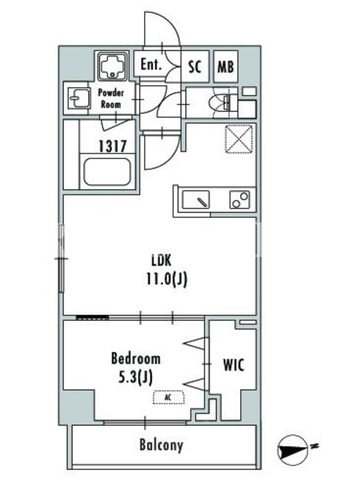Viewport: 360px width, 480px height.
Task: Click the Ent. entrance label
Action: (x=151, y=64)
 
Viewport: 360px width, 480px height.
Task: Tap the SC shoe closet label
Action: (x=194, y=66)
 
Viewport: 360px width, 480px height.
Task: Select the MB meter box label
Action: (x=226, y=67)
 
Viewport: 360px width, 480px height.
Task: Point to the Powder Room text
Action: (x=111, y=98)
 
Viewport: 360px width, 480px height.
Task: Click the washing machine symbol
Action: (x=112, y=67)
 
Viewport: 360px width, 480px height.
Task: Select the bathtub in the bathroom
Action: (x=107, y=172)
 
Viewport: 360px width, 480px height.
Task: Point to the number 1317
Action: (x=112, y=146)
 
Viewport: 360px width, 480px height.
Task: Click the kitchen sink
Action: (x=196, y=200)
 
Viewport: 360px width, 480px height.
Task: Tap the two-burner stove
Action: (x=240, y=200)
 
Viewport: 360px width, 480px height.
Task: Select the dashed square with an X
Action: (x=239, y=139)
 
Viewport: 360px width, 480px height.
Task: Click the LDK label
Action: (x=161, y=260)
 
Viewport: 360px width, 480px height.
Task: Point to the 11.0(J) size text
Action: (x=167, y=278)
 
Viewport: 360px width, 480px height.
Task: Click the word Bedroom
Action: (x=136, y=358)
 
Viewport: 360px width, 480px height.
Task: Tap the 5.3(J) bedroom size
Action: (x=136, y=377)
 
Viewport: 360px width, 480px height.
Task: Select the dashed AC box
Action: (x=169, y=397)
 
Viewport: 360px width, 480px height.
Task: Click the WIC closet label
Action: (x=233, y=365)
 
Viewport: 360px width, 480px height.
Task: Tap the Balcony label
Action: (x=161, y=445)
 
